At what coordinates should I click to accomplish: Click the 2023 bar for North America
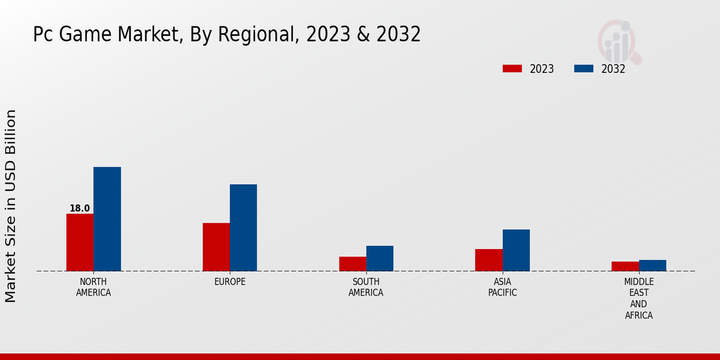80,242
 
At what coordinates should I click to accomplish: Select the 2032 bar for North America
107,219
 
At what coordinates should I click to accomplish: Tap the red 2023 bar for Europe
216,247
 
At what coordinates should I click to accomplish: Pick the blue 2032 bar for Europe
244,228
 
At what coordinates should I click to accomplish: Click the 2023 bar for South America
352,264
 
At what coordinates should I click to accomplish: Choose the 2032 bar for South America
380,259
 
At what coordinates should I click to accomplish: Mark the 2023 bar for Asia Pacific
488,260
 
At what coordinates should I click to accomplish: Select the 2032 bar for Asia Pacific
516,250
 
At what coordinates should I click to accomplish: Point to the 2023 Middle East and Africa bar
625,266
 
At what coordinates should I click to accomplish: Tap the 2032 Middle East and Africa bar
653,265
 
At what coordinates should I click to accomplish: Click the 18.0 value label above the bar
80,209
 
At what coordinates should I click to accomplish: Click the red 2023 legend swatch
512,69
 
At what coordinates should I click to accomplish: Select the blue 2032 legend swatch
584,69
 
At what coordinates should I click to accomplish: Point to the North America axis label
94,287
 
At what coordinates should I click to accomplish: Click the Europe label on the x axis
230,282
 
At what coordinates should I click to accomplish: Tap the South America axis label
366,287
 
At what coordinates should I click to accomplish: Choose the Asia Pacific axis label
502,287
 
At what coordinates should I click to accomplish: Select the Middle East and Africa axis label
639,298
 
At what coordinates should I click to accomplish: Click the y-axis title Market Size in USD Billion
11,206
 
